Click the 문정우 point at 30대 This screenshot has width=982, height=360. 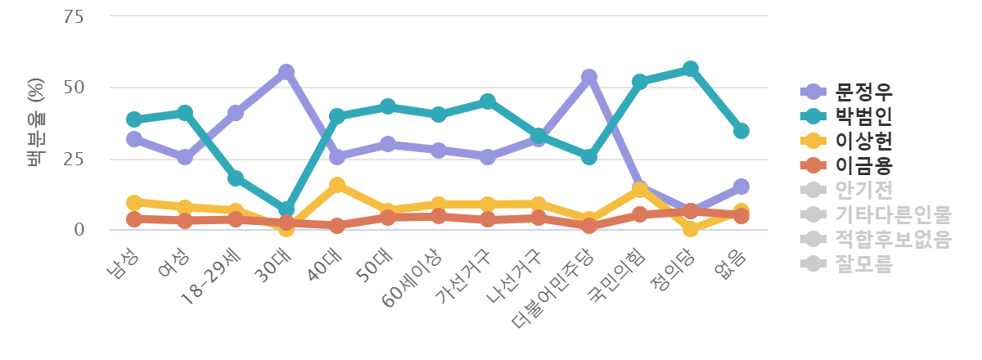click(286, 72)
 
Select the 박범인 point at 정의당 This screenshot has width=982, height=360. click(691, 68)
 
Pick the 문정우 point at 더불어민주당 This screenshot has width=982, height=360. click(589, 77)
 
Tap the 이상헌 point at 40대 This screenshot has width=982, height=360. click(336, 185)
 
